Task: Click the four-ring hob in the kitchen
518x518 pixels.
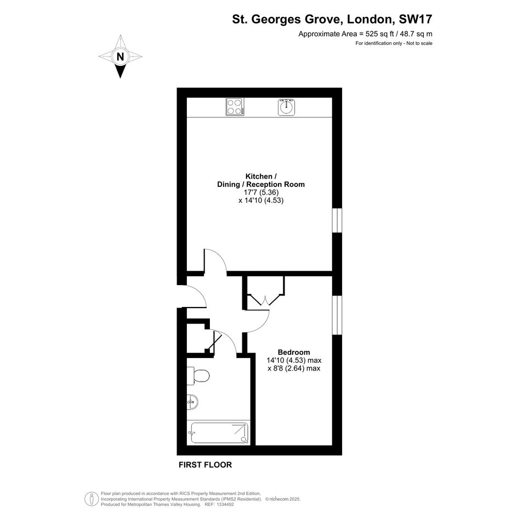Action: point(235,107)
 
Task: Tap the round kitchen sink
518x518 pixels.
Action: point(286,107)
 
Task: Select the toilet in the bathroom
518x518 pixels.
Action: point(198,375)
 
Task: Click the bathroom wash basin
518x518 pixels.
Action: point(192,402)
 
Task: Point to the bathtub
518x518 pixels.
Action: point(219,433)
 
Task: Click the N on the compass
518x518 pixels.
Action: point(120,57)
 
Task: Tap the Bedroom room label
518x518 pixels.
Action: point(294,352)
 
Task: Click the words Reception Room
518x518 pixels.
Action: point(276,184)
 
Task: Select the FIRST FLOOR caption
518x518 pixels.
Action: point(205,465)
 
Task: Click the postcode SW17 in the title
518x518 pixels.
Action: point(415,19)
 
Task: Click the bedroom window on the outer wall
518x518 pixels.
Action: point(337,315)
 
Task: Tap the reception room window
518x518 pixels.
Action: point(337,220)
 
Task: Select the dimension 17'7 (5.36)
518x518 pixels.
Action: point(261,192)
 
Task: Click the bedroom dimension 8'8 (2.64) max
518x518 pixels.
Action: point(294,368)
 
